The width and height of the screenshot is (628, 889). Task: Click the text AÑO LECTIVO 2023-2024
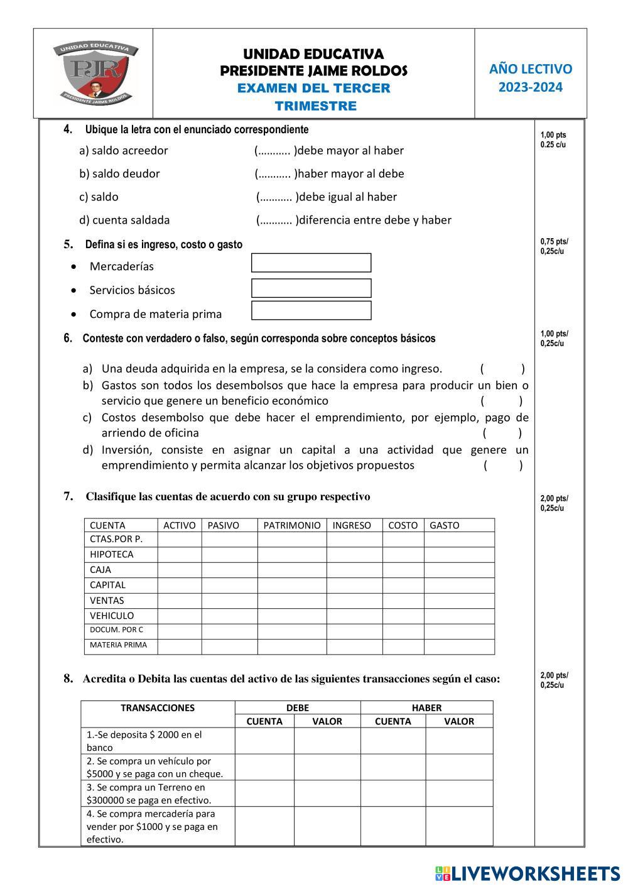tap(531, 78)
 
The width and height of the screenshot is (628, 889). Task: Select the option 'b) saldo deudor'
tap(119, 174)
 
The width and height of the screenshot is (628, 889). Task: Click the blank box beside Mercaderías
tap(311, 263)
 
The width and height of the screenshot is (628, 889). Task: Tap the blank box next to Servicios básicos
tap(311, 288)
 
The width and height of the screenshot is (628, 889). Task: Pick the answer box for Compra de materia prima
tap(311, 310)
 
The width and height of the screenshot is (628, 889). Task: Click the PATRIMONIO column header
tap(291, 526)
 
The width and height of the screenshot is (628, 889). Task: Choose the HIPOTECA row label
tap(112, 555)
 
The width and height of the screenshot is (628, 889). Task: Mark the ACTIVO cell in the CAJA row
tap(179, 570)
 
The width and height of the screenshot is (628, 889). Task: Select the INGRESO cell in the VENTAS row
tap(354, 601)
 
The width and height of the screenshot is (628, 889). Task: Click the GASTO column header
tap(444, 526)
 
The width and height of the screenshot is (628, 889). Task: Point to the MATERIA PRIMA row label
tap(118, 645)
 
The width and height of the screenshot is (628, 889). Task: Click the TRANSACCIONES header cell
tap(158, 708)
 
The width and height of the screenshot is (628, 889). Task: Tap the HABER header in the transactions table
tap(426, 708)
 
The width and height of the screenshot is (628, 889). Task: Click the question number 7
tap(68, 496)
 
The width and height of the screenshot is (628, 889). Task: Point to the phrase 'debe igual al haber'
tap(348, 197)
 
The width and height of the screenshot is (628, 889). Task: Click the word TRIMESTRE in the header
tap(315, 106)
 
